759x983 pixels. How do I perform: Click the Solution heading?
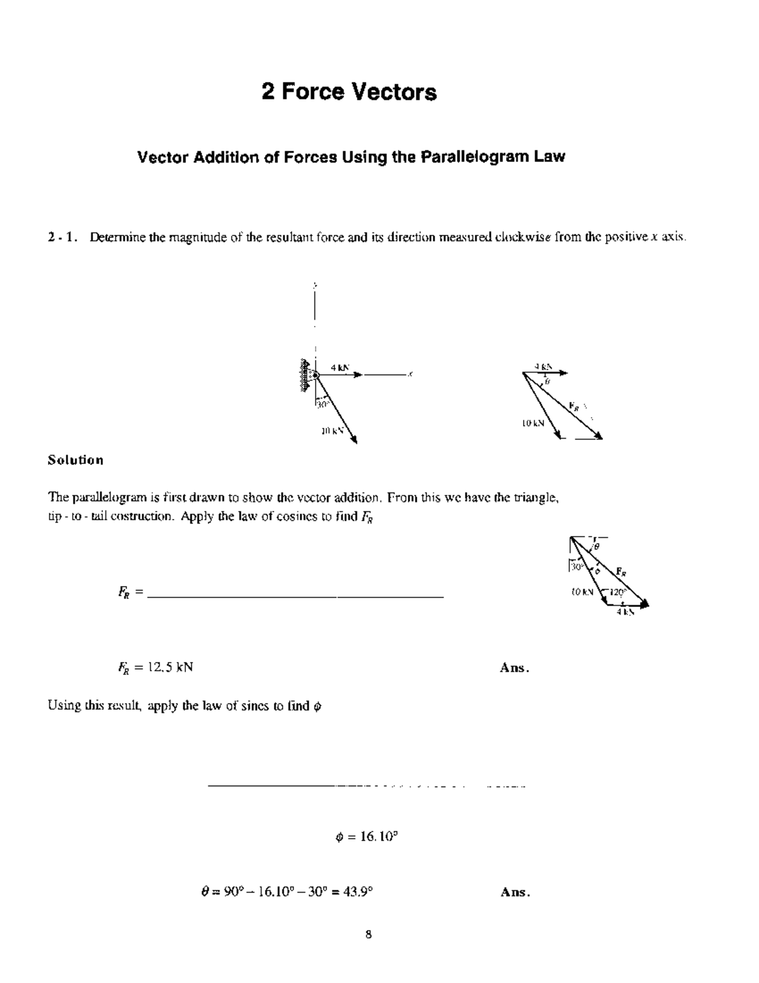click(x=75, y=460)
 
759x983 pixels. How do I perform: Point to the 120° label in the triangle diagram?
click(x=617, y=592)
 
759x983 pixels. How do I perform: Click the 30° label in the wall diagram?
click(x=323, y=404)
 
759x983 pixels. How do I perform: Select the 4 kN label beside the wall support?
click(x=340, y=367)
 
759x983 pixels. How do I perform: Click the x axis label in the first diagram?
click(x=410, y=374)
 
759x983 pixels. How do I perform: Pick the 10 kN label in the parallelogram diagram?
click(x=533, y=423)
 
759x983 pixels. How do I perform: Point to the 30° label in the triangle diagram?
click(x=576, y=567)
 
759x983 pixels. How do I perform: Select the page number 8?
click(x=368, y=934)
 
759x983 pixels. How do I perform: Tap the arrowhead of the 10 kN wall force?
click(x=354, y=441)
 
